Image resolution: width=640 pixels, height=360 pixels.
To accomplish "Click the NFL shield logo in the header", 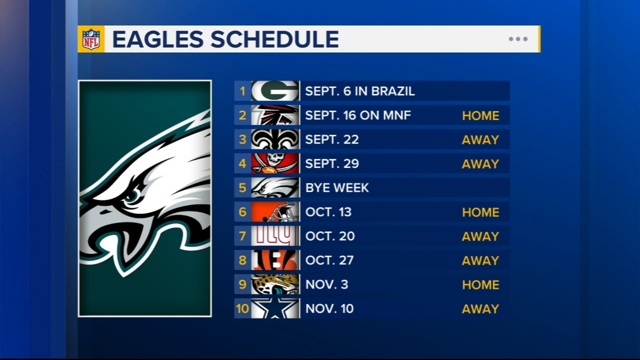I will (x=91, y=39).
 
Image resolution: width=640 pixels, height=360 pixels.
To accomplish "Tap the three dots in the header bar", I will (x=518, y=39).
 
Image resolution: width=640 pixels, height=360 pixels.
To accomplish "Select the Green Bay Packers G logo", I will (x=275, y=91).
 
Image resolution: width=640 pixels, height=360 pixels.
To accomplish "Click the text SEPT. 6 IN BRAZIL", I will (x=360, y=91).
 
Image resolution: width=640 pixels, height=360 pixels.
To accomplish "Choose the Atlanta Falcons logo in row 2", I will (x=275, y=115).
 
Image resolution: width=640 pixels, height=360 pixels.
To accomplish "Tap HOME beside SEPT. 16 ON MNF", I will (x=480, y=116).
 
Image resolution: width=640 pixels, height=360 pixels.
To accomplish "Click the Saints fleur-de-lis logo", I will (x=275, y=139).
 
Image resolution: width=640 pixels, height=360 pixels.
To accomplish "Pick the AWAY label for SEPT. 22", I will (x=480, y=140).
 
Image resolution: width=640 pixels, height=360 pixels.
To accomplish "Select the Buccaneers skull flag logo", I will (x=275, y=163).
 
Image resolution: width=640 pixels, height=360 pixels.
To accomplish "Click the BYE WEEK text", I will (x=337, y=188).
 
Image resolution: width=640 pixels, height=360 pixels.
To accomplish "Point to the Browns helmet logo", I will (x=275, y=212).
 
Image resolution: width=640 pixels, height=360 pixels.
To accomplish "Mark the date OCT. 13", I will (x=328, y=212).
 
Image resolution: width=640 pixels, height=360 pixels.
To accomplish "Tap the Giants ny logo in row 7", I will (x=275, y=236).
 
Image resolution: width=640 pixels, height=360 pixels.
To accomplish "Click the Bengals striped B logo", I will (x=275, y=260).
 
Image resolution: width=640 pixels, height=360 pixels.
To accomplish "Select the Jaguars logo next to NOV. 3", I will (x=275, y=284).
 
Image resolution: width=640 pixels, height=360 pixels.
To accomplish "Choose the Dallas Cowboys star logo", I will (x=275, y=308).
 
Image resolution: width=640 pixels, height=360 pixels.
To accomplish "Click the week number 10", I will (x=242, y=308).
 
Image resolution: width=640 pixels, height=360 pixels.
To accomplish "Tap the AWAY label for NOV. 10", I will (x=480, y=309).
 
